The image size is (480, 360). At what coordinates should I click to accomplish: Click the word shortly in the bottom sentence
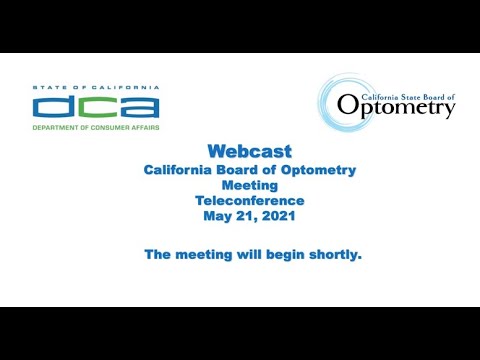pos(330,255)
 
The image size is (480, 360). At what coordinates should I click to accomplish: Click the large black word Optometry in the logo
pos(396,105)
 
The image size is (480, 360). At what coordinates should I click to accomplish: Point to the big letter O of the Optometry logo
pos(347,104)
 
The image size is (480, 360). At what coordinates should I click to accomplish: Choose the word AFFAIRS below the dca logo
pos(141,127)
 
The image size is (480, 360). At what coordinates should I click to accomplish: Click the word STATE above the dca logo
pos(48,88)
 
